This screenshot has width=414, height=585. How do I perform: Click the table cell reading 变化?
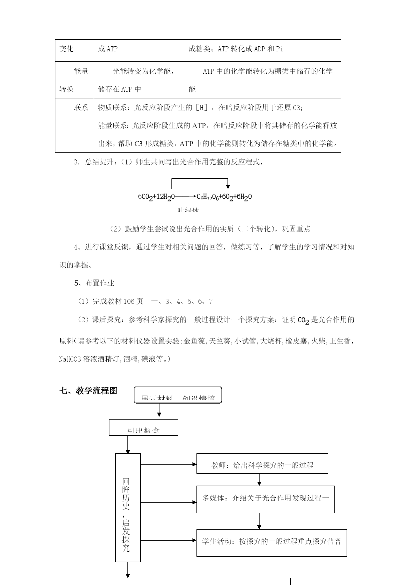[66, 49]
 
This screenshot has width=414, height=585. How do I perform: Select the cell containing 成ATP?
[108, 49]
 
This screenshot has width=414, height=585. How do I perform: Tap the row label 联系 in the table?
[81, 107]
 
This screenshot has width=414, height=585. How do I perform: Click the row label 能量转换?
[74, 80]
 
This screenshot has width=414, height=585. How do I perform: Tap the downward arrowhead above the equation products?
[228, 187]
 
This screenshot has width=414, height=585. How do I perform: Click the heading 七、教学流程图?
[88, 391]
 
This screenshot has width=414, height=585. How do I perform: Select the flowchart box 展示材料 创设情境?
[178, 395]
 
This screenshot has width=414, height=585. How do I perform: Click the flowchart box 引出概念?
[143, 428]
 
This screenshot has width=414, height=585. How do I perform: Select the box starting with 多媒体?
[265, 499]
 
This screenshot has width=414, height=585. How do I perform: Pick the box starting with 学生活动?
[272, 543]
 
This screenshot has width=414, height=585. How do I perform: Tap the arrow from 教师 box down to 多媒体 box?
[259, 480]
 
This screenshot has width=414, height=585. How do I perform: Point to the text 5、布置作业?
[94, 283]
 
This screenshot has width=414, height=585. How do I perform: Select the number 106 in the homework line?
[129, 302]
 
